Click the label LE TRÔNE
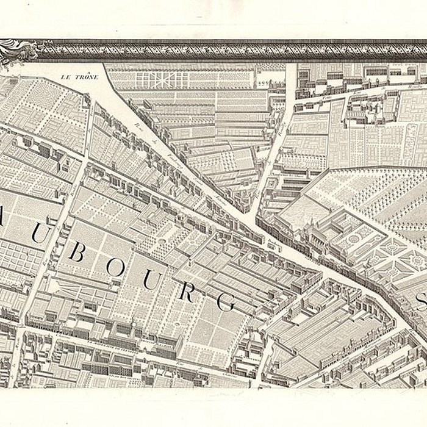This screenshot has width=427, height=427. pos(80,78)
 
